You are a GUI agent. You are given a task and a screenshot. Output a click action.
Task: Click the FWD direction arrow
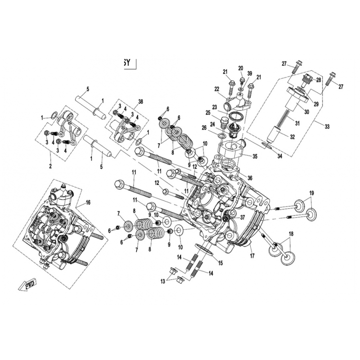pyautogui.click(x=27, y=285)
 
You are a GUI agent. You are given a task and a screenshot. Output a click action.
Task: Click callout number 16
pyautogui.click(x=88, y=203)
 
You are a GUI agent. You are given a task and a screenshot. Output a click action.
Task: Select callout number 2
pyautogui.click(x=50, y=166)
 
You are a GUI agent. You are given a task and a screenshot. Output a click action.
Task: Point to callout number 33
pyautogui.click(x=327, y=127)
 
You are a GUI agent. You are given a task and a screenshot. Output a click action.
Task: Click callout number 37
pyautogui.click(x=243, y=217)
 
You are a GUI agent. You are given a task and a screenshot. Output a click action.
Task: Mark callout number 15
pyautogui.click(x=220, y=263)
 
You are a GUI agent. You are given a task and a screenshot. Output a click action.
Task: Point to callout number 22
pyautogui.click(x=216, y=89)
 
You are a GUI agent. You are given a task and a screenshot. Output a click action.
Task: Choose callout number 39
pyautogui.click(x=250, y=74)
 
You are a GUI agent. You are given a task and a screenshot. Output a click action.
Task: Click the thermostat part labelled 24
pyautogui.click(x=233, y=131)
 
